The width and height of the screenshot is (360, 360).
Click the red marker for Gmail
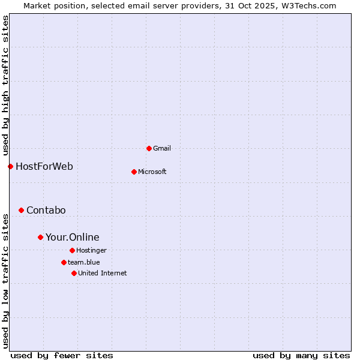149,148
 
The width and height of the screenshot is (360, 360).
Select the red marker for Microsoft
134,172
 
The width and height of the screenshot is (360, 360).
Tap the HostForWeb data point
10,166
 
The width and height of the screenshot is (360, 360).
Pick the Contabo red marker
21,210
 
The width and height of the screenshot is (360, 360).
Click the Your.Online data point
40,237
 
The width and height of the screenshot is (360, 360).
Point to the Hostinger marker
72,250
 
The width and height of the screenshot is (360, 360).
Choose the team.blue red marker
64,262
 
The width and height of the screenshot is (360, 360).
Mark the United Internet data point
74,273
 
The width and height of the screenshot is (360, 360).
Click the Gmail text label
161,148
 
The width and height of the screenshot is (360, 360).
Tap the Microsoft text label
152,172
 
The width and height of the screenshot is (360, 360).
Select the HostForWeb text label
44,166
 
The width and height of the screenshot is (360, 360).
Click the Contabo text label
46,210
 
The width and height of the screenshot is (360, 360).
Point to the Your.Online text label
73,237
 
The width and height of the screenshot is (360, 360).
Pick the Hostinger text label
91,250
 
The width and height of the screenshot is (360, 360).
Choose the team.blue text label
84,262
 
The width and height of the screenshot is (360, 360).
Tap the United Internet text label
103,273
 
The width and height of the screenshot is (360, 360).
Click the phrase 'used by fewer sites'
62,355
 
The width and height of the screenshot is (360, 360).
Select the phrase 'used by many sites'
301,355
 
